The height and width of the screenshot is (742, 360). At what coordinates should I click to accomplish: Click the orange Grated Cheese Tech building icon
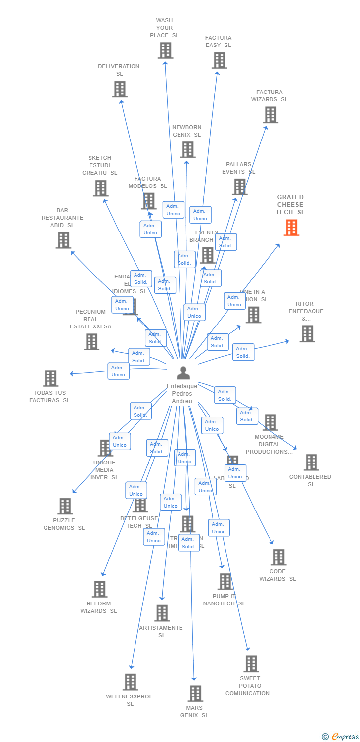[x=291, y=228]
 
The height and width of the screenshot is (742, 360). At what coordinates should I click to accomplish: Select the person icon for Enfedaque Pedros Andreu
[x=183, y=372]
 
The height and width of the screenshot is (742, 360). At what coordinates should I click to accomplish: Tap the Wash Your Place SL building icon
[x=165, y=50]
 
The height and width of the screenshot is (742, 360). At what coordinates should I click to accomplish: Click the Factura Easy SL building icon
[x=219, y=60]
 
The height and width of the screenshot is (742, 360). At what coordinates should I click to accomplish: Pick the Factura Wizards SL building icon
[x=270, y=115]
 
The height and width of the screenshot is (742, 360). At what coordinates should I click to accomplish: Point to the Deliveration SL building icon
[x=119, y=89]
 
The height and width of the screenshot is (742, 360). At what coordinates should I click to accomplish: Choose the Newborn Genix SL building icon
[x=187, y=149]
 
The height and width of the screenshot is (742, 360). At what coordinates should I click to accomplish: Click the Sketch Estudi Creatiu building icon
[x=100, y=188]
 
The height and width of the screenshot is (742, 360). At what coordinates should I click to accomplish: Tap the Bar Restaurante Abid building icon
[x=63, y=240]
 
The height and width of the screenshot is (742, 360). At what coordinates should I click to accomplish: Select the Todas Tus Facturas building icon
[x=50, y=378]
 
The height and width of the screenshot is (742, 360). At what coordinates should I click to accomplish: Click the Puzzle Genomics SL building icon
[x=65, y=506]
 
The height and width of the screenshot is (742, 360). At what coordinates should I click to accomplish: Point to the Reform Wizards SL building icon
[x=99, y=589]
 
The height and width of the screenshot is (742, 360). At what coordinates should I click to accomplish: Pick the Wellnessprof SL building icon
[x=130, y=682]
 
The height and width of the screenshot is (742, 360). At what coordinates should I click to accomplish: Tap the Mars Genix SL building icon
[x=195, y=694]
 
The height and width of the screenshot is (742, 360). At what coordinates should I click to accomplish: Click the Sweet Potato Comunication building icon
[x=251, y=664]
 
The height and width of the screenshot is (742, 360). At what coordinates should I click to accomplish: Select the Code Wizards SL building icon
[x=278, y=557]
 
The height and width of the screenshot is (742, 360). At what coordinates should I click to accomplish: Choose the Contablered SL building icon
[x=311, y=463]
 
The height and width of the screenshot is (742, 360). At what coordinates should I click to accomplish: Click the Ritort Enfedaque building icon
[x=307, y=334]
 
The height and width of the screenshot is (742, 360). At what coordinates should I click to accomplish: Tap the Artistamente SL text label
[x=161, y=631]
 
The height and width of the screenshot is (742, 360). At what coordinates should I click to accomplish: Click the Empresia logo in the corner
[x=341, y=737]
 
